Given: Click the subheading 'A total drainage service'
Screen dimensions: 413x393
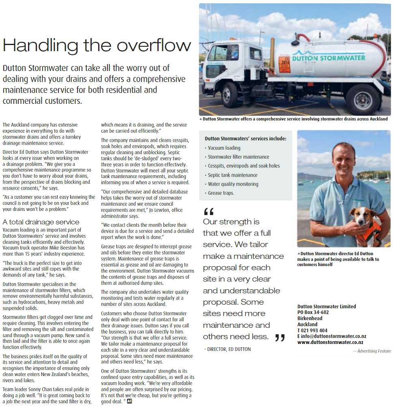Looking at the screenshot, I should [x=41, y=222].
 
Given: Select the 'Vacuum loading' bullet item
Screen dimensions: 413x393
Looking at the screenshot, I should [x=224, y=148].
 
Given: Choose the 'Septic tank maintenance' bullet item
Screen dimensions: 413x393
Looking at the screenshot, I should [x=232, y=175].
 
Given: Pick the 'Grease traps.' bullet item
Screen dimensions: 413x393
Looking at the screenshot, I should [x=221, y=193].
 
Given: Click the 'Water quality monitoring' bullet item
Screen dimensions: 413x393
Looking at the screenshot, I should [x=233, y=184].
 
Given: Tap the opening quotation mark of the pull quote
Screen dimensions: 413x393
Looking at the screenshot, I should [x=208, y=211].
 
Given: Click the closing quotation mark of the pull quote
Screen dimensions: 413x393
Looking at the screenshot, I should [x=279, y=338].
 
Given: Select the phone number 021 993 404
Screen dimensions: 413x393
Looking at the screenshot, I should [x=315, y=331].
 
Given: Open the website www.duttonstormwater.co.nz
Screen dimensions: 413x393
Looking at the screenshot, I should [x=330, y=342].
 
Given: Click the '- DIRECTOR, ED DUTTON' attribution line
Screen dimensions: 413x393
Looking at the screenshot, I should [x=228, y=349].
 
